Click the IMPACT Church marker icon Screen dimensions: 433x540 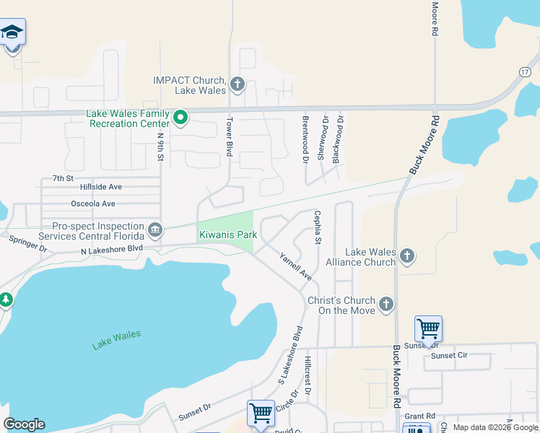(238, 85)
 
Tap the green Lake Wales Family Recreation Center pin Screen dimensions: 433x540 (181, 116)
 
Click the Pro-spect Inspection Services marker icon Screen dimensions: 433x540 (154, 231)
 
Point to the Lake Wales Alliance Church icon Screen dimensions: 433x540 (407, 255)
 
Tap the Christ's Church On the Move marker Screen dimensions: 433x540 (386, 304)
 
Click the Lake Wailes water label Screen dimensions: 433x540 (116, 339)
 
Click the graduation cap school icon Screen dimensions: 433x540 (12, 33)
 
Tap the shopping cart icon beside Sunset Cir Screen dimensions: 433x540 (429, 329)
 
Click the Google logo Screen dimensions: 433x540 (24, 424)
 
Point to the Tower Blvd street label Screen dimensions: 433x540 (230, 137)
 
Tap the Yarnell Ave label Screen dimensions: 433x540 (295, 266)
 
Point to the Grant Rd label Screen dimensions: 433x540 (419, 416)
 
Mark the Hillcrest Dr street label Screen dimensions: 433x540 (307, 374)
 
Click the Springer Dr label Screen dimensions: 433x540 (27, 243)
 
